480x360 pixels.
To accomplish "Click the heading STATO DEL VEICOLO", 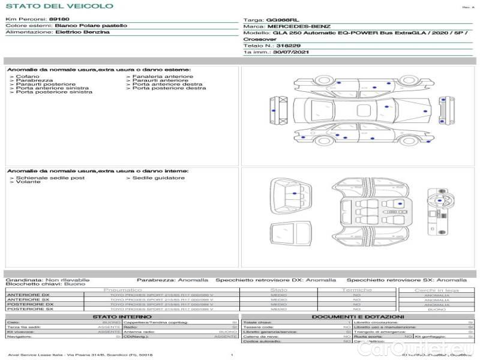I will tap(59, 6).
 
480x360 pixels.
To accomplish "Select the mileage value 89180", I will tap(59, 20).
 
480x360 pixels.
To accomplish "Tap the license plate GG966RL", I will tap(282, 20).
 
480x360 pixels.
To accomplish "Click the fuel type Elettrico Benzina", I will tap(82, 32).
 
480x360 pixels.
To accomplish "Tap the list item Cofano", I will tap(28, 77).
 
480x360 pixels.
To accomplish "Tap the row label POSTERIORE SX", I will tap(29, 309).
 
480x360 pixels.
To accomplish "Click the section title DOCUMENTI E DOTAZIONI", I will tap(358, 317).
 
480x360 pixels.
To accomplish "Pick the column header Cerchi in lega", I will tap(436, 290).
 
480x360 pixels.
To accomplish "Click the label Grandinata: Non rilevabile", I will tap(47, 280).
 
